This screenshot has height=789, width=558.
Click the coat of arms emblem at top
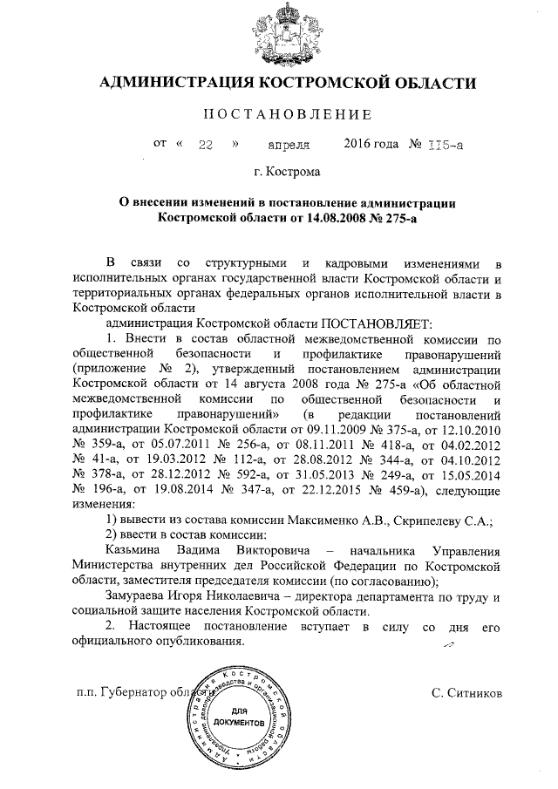pyautogui.click(x=289, y=32)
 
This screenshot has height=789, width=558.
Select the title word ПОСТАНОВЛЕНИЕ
pyautogui.click(x=287, y=115)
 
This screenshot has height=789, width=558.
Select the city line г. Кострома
pyautogui.click(x=289, y=173)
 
